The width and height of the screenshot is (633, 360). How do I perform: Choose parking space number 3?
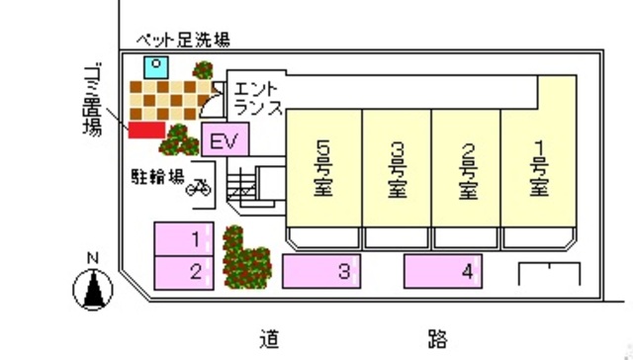coord(320,270)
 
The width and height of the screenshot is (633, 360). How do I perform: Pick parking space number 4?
coord(443,270)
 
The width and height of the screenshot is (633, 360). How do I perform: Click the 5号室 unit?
coord(323,170)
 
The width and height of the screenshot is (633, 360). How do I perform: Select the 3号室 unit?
coord(397,170)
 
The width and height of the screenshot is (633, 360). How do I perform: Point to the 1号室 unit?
coord(539,170)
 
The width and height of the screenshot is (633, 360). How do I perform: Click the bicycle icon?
coord(199,186)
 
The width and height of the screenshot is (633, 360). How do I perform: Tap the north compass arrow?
coord(95,288)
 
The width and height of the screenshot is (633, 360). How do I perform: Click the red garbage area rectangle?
coord(146,132)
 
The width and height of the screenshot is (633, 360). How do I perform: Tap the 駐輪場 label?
coord(158,178)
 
